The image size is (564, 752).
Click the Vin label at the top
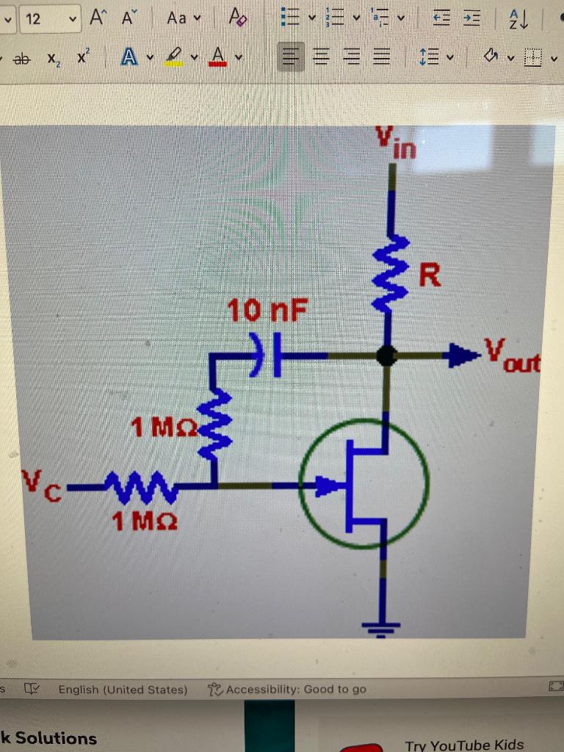point(397,142)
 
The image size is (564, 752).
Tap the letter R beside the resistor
point(430,277)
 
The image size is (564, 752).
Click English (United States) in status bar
point(123,689)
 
